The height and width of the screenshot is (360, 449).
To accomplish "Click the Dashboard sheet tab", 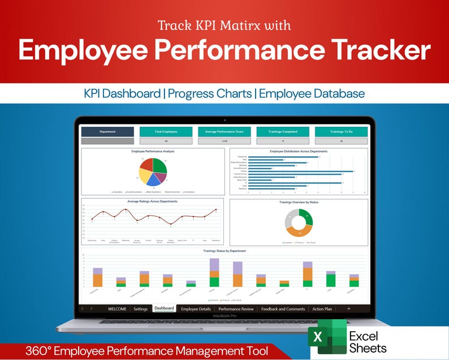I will pos(164,308).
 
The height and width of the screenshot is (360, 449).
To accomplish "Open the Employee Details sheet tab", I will pos(196,308).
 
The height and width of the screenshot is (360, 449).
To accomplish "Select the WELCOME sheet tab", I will pos(117,308).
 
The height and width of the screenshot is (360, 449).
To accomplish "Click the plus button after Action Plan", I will pos(348,308).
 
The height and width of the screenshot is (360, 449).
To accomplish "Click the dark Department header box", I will pos(107,131).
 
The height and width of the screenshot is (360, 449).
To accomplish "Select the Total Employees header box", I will pos(166,131).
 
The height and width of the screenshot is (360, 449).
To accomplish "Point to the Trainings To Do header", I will pos(341,131).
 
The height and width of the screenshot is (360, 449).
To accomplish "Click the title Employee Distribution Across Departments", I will pos(299,151).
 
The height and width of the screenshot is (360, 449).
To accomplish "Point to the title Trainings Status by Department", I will pos(225,251).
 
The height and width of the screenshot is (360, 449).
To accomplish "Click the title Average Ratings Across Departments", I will pos(153,201).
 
